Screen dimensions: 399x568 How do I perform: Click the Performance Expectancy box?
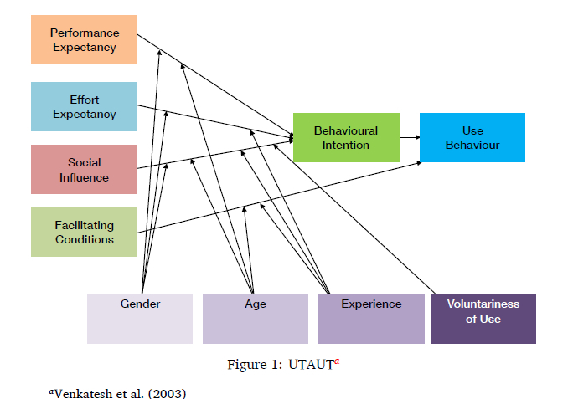[84, 39]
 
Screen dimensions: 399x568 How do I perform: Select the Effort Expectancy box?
[84, 106]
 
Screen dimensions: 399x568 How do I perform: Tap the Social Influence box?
[84, 170]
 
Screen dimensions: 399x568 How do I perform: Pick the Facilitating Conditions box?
[84, 232]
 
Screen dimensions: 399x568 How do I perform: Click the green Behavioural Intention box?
[345, 137]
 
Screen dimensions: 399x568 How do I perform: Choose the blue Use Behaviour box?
[472, 137]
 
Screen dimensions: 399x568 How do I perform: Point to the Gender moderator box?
[140, 319]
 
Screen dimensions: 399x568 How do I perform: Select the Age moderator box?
[256, 319]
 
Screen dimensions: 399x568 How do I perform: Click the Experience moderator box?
[371, 319]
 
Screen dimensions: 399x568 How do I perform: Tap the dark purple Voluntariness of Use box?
[483, 319]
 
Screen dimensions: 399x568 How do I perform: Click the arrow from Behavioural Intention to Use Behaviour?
[409, 136]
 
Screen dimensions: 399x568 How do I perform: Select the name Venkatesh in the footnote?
[82, 391]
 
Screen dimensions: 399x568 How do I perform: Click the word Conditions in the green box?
[85, 239]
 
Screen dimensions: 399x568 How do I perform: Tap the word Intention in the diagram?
[346, 145]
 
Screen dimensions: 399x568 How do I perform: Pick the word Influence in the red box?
[84, 177]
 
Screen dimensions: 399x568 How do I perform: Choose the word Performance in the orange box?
[85, 33]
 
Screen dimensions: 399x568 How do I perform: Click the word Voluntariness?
[483, 304]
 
